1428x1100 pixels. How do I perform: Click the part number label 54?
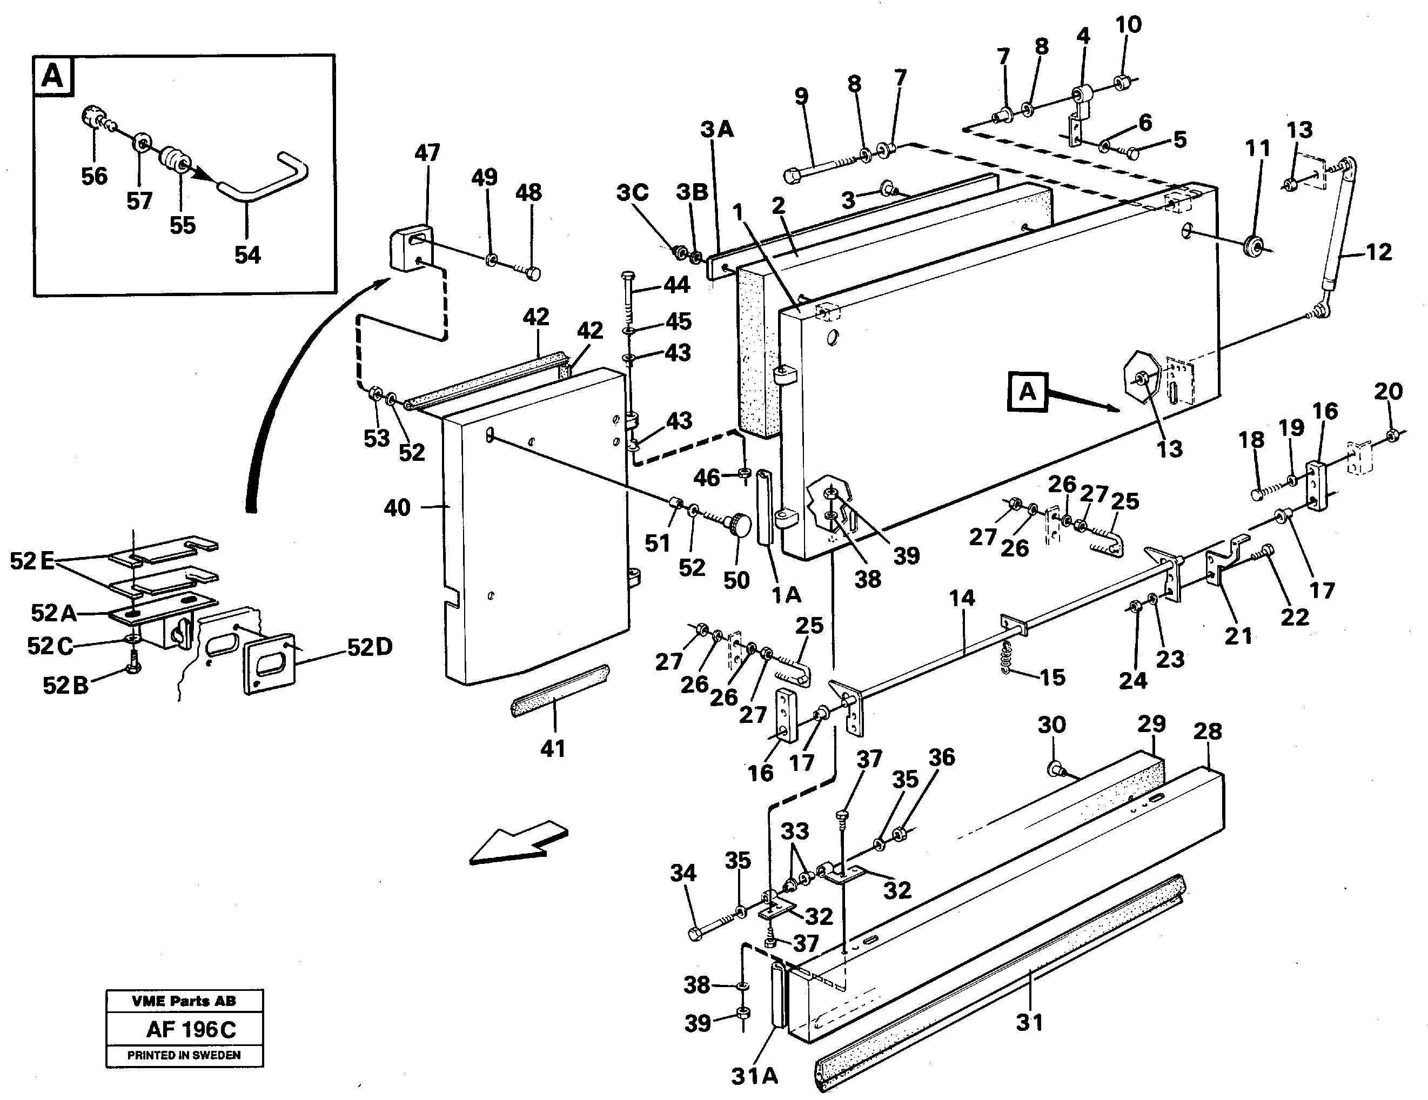247,254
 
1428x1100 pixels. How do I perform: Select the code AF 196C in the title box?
190,1029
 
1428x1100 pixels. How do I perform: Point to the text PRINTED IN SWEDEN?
184,1055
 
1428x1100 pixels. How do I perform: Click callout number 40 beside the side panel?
397,507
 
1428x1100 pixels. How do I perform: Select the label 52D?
370,647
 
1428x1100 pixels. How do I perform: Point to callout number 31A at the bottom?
754,1076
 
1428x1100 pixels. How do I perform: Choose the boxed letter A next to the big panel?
1027,392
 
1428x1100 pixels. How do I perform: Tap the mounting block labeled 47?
411,248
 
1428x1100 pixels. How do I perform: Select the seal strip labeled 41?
559,690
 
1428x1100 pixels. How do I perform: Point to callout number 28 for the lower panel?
1207,731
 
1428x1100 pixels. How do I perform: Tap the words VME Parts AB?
184,1001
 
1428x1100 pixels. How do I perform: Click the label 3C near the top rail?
632,192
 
